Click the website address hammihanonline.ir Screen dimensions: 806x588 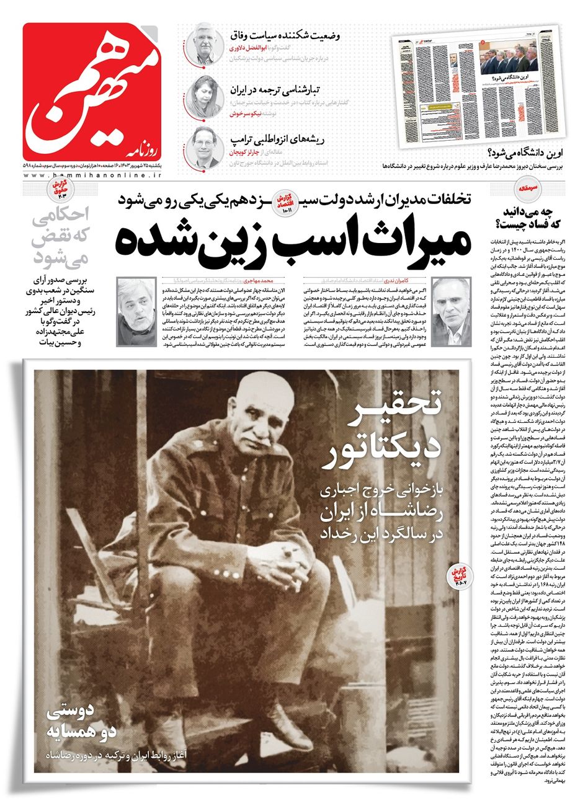click(93, 177)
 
